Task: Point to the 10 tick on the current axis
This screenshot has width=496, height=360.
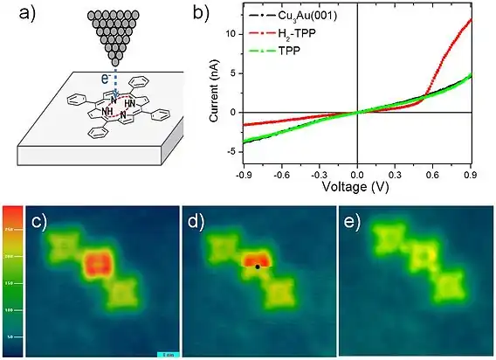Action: click(229, 33)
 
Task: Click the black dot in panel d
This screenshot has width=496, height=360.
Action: click(258, 268)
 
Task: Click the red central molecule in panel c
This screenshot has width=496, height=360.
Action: click(99, 263)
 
